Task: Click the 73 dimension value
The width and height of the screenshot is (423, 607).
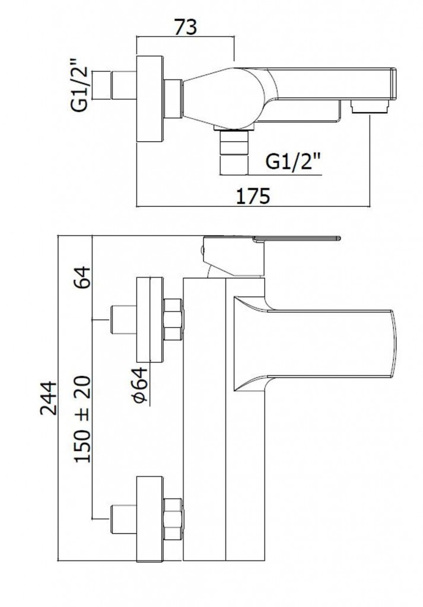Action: click(x=185, y=27)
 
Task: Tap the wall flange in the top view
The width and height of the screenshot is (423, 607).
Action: click(x=150, y=99)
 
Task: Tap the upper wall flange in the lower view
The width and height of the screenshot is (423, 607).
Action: click(x=150, y=320)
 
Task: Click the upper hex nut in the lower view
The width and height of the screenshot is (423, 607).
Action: click(x=173, y=320)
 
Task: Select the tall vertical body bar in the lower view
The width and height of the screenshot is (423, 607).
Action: click(x=205, y=415)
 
